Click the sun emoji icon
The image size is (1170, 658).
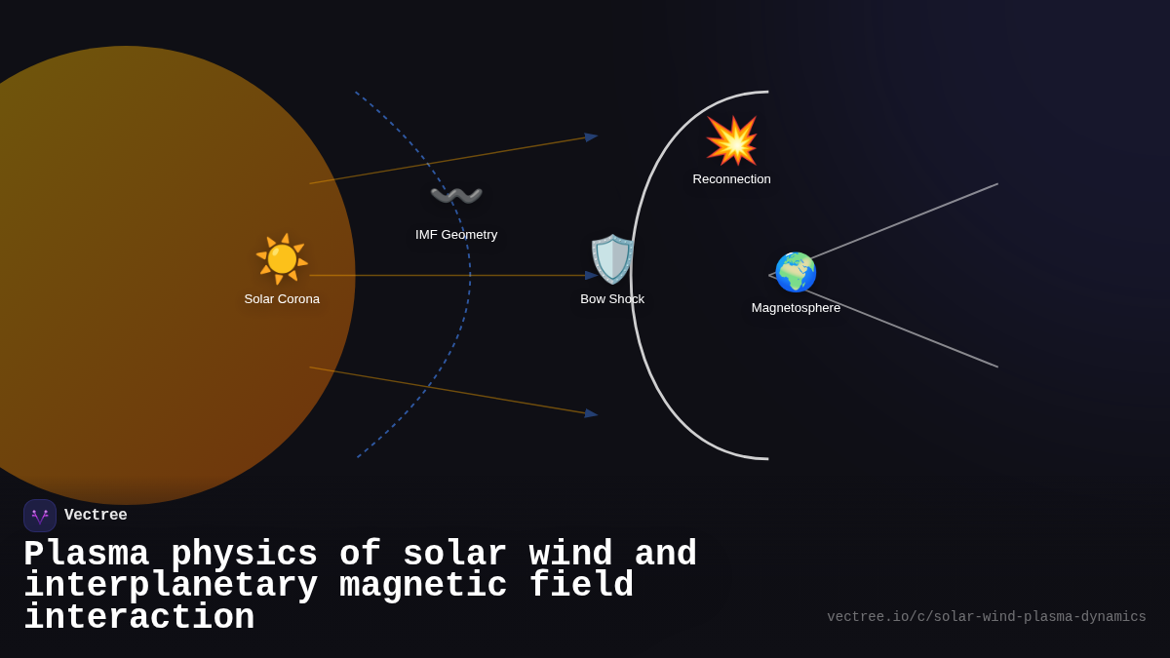pyautogui.click(x=282, y=258)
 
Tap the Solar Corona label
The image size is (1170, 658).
pyautogui.click(x=282, y=299)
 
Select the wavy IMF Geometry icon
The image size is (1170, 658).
pyautogui.click(x=456, y=196)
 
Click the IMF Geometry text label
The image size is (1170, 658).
pyautogui.click(x=456, y=235)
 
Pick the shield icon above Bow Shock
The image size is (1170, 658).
pyautogui.click(x=612, y=259)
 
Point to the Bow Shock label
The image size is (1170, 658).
pyautogui.click(x=612, y=299)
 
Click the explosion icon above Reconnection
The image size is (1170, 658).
pyautogui.click(x=731, y=141)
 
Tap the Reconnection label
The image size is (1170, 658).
pyautogui.click(x=731, y=179)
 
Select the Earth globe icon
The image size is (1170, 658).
pyautogui.click(x=796, y=272)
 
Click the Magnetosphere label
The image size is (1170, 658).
pyautogui.click(x=796, y=308)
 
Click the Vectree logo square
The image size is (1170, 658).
pyautogui.click(x=40, y=516)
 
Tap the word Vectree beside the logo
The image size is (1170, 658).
pyautogui.click(x=96, y=516)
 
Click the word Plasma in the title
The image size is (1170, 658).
pyautogui.click(x=86, y=554)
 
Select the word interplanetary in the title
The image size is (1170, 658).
pyautogui.click(x=171, y=586)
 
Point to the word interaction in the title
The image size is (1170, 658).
pyautogui.click(x=138, y=618)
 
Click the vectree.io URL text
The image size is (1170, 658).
pyautogui.click(x=986, y=617)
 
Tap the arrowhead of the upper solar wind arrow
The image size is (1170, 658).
pyautogui.click(x=591, y=137)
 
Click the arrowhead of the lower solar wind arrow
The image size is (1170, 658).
pyautogui.click(x=591, y=413)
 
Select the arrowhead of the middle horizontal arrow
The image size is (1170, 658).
pyautogui.click(x=591, y=276)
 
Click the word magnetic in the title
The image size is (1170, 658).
pyautogui.click(x=423, y=586)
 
